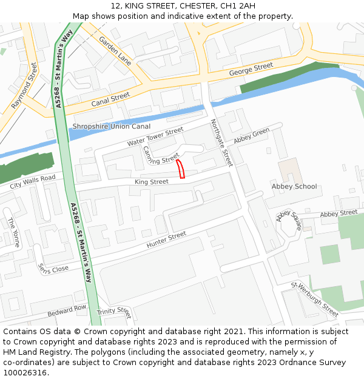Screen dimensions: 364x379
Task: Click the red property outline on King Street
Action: pos(180,169)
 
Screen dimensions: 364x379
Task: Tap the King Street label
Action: pos(151,182)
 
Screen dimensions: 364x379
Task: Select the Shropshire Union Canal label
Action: pos(111,126)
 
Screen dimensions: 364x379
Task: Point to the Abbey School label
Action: pos(294,186)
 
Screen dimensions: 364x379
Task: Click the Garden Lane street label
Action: pos(115,50)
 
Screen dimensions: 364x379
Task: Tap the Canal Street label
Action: pos(110,99)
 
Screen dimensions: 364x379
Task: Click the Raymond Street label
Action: pos(24,86)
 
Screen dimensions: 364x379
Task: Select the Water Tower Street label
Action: pos(155,136)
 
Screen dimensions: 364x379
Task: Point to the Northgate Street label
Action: pos(221,143)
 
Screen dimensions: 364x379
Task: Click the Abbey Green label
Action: pos(251,135)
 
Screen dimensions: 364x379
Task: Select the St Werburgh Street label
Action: pos(314,299)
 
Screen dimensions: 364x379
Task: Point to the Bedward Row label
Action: pos(67,310)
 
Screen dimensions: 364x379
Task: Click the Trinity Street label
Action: pos(113,312)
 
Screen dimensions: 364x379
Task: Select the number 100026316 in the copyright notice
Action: pos(24,372)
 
